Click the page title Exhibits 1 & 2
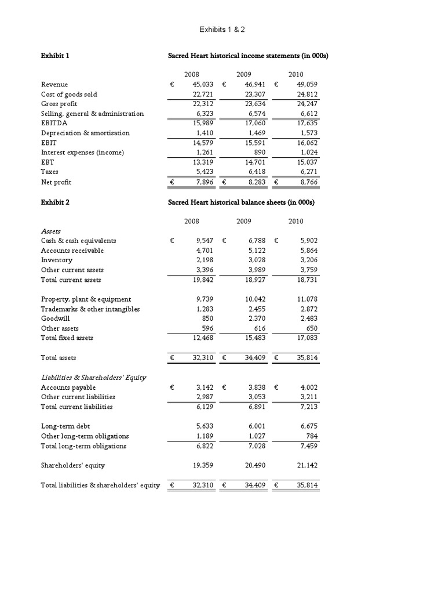(x=222, y=29)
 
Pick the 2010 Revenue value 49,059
(x=307, y=84)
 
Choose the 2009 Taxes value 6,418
(x=255, y=172)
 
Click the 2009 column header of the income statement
(x=244, y=74)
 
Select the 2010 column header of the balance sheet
(x=296, y=221)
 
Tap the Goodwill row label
(x=54, y=318)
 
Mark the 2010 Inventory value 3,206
(x=308, y=260)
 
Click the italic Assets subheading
(x=50, y=231)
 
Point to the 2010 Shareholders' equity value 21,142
(x=307, y=465)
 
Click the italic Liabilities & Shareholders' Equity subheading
(x=93, y=377)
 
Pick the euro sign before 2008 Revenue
(x=172, y=84)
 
